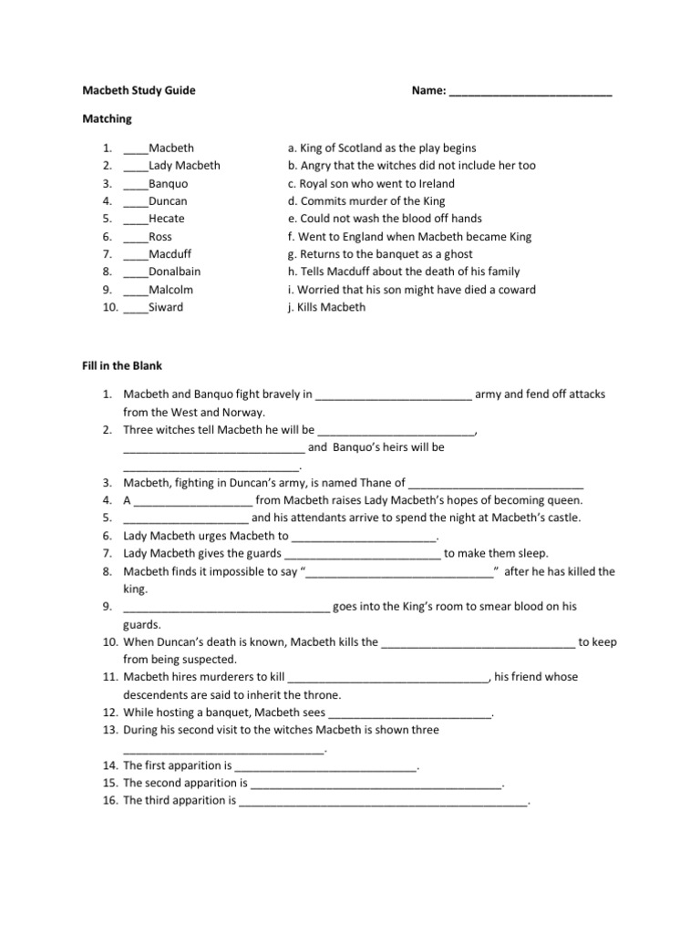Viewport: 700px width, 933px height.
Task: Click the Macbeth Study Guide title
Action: pos(139,91)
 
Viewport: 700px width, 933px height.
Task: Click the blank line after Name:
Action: pos(530,92)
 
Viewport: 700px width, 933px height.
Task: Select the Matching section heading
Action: pos(108,118)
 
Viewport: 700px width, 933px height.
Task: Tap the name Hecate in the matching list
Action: pos(167,219)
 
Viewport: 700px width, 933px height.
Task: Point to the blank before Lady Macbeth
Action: pos(136,166)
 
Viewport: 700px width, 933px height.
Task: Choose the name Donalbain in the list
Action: pos(175,272)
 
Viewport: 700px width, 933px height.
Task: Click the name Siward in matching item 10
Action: pos(166,307)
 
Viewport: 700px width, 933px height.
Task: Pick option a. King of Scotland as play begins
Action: pos(382,148)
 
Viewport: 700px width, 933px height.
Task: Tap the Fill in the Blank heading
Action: pos(123,365)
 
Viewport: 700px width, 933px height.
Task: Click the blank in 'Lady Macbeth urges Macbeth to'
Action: pos(365,537)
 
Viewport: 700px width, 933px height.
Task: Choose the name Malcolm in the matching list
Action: pos(171,290)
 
